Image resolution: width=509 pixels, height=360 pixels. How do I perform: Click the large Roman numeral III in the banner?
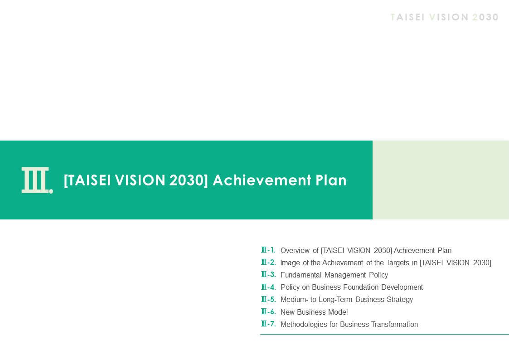point(35,180)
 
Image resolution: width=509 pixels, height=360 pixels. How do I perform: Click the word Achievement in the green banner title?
point(262,180)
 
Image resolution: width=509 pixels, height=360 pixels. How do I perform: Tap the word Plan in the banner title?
point(331,180)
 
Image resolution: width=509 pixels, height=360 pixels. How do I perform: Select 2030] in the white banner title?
point(189,180)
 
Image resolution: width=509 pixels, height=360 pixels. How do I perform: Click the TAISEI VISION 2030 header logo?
point(444,17)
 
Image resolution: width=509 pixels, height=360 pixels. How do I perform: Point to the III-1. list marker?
point(268,250)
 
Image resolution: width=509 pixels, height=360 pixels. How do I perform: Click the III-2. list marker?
point(268,262)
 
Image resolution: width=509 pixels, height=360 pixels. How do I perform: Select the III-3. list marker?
point(268,275)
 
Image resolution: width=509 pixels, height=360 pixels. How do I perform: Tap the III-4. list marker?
point(268,287)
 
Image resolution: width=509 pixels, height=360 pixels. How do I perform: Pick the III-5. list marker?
point(268,299)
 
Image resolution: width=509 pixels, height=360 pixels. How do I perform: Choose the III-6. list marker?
point(268,311)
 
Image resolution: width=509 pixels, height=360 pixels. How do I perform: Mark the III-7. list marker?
point(268,324)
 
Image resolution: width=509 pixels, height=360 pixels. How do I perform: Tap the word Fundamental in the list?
point(301,275)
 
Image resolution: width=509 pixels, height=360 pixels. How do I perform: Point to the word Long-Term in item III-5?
point(335,300)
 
